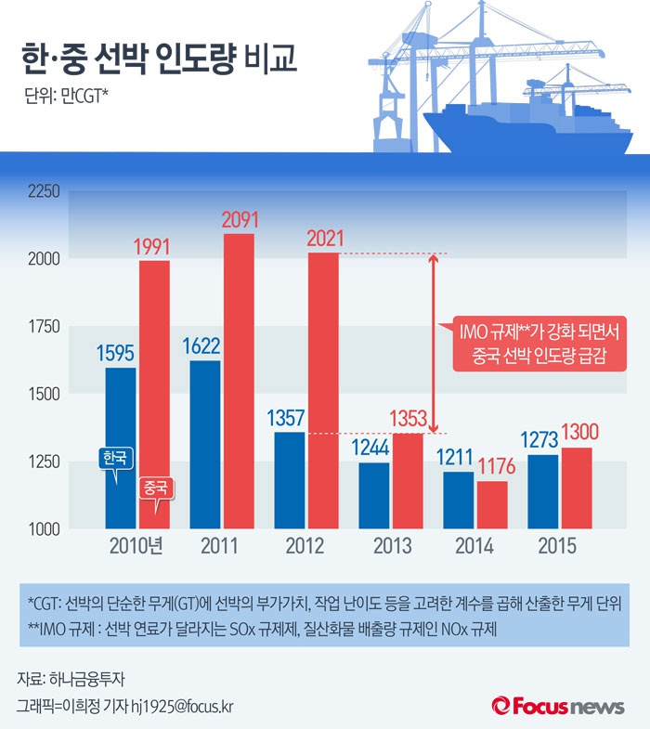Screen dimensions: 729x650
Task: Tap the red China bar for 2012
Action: click(x=323, y=390)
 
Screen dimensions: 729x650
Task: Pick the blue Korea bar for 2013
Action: click(x=373, y=495)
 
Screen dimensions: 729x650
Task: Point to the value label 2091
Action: click(x=239, y=221)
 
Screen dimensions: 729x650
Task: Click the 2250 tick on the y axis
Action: click(x=43, y=192)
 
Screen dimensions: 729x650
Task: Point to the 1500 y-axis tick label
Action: click(x=43, y=395)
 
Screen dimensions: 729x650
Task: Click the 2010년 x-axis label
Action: click(x=136, y=546)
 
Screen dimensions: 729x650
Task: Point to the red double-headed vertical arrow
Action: click(x=432, y=344)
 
